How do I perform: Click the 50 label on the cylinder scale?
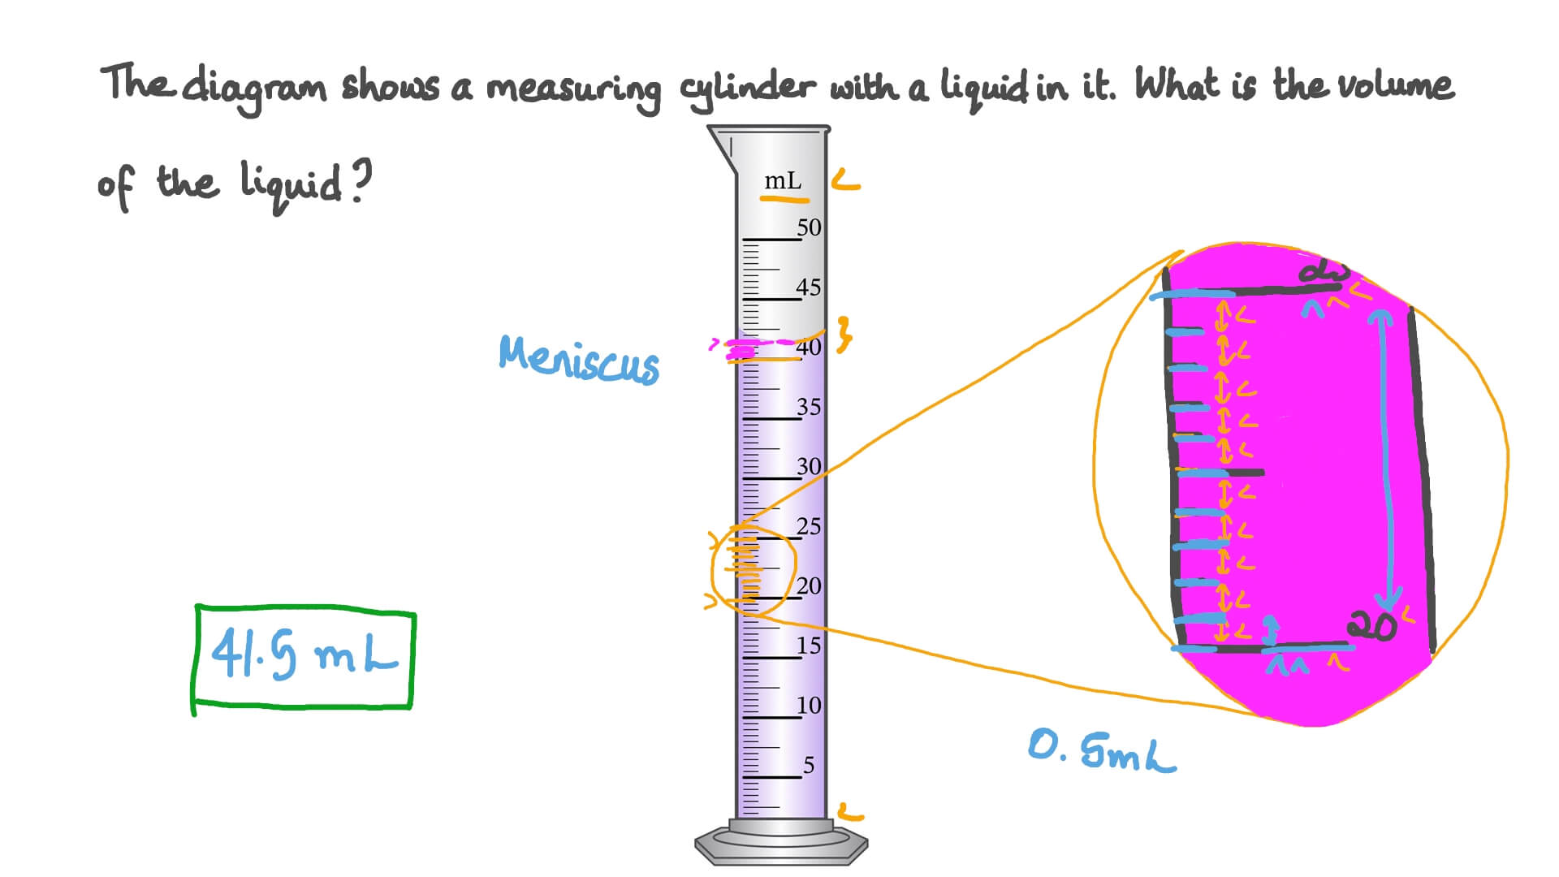[809, 227]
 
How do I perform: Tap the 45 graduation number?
[809, 287]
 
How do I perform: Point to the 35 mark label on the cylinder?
[809, 407]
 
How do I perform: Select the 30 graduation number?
[809, 467]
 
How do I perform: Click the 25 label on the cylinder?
[809, 527]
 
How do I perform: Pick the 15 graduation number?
[809, 646]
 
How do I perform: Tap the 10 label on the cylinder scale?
[809, 706]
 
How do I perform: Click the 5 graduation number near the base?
[809, 766]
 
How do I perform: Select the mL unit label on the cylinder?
[783, 180]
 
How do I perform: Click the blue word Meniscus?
[579, 359]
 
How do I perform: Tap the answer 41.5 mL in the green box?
[304, 655]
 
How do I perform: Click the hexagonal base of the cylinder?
[781, 845]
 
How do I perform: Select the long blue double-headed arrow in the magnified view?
[1387, 463]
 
